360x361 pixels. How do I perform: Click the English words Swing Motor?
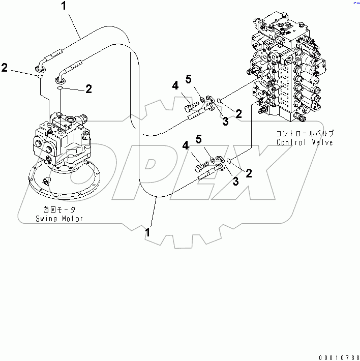click(59, 219)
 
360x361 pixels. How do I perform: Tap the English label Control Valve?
click(305, 142)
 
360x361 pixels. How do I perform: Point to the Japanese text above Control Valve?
click(305, 134)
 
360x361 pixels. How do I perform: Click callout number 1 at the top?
click(64, 6)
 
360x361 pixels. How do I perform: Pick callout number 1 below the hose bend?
click(147, 232)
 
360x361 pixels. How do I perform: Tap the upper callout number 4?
click(175, 86)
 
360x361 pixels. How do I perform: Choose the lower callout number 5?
click(199, 139)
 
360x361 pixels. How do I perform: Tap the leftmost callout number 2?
click(4, 68)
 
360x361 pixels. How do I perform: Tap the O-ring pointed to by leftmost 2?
click(39, 77)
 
